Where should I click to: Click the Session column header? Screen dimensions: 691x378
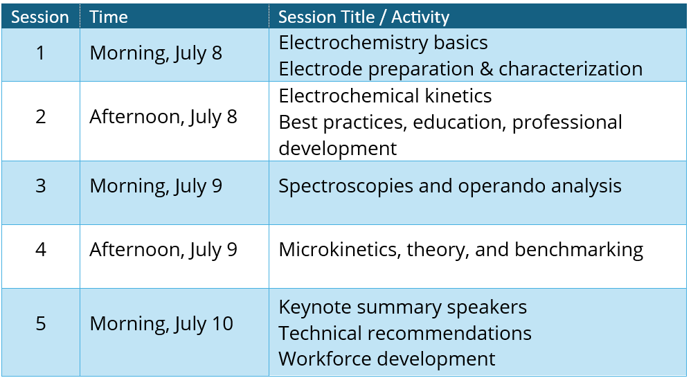click(40, 17)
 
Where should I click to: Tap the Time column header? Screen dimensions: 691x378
click(109, 17)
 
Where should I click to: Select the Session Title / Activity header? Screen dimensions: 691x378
click(364, 17)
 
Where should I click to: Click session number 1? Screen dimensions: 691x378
click(41, 53)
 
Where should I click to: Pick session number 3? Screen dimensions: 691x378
click(41, 186)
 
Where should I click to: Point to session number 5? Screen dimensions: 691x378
click(41, 324)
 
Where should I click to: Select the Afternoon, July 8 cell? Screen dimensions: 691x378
click(163, 118)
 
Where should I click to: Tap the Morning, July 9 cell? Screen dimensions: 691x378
click(156, 186)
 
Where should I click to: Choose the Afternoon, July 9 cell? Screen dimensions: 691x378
click(163, 250)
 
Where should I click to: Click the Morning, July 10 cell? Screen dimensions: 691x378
click(161, 324)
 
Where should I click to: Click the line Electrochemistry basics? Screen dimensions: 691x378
click(384, 43)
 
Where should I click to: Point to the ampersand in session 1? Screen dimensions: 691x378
click(487, 69)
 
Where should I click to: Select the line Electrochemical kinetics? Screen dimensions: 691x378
click(385, 96)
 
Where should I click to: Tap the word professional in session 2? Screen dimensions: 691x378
click(567, 123)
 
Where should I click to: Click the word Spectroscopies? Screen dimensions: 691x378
click(346, 186)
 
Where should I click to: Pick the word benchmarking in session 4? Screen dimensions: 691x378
click(579, 250)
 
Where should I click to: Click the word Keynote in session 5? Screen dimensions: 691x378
click(315, 307)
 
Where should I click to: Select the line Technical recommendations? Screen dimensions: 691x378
click(405, 334)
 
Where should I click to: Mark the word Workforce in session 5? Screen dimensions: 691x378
click(323, 359)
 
